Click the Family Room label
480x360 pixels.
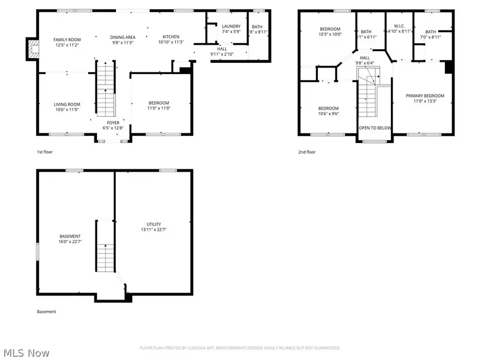67,39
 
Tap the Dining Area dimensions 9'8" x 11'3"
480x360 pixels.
123,43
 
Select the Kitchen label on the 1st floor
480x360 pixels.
171,37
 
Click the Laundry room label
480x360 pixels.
231,26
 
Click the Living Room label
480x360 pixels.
67,105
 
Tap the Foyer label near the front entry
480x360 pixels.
113,123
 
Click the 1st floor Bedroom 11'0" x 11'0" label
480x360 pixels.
159,103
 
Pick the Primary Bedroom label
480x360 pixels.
425,96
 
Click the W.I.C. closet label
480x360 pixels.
399,26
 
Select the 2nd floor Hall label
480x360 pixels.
364,58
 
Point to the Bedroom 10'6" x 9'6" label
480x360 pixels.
329,108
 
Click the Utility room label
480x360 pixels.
154,224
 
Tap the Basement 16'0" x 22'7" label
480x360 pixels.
70,236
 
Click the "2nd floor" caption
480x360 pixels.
307,152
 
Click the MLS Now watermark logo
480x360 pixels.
26,353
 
